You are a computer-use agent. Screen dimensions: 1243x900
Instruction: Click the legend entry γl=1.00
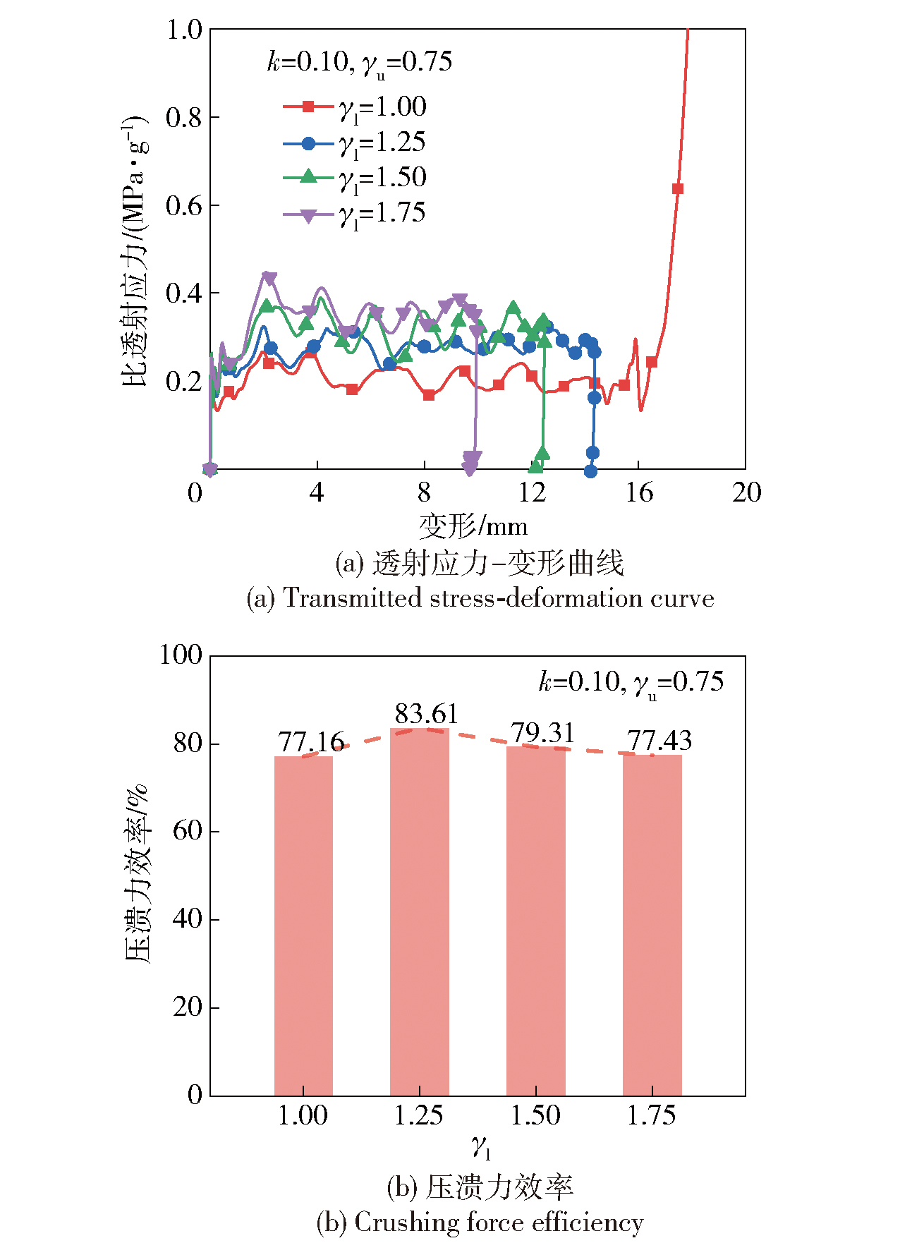click(x=355, y=107)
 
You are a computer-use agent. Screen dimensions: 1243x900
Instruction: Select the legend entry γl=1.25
click(x=355, y=143)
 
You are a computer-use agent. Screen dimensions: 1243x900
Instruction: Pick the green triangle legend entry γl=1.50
click(x=355, y=178)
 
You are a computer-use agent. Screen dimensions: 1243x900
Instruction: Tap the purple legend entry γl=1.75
click(x=355, y=214)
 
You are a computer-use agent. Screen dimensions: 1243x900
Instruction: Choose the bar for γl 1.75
click(x=652, y=925)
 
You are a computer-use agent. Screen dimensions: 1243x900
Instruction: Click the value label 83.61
click(x=427, y=714)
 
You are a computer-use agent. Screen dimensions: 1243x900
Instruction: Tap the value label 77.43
click(x=659, y=741)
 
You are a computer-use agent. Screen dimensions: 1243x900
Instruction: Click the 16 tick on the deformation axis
click(x=639, y=492)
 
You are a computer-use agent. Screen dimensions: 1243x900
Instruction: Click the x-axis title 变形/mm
click(x=473, y=526)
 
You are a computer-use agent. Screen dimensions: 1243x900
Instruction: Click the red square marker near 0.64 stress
click(x=678, y=188)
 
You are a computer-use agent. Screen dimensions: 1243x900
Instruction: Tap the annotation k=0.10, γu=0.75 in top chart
click(x=359, y=62)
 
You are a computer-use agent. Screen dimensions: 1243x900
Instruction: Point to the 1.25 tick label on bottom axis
click(x=419, y=1116)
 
